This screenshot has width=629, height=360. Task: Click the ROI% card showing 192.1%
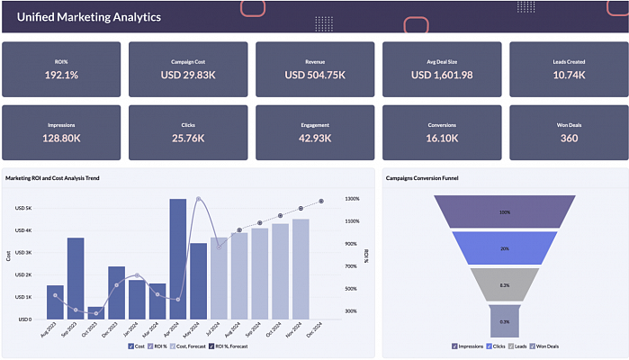coord(61,75)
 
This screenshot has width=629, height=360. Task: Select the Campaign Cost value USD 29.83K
coord(188,75)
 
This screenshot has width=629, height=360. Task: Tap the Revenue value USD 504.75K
coord(314,75)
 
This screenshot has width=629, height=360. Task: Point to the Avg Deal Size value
coord(442,75)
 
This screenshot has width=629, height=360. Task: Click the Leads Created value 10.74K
coord(568,75)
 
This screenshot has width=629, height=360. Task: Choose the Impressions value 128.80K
coord(61,138)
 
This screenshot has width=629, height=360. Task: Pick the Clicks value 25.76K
coord(188,138)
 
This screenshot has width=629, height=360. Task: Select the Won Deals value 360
coord(568,138)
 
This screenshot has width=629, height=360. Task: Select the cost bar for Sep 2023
coord(76,278)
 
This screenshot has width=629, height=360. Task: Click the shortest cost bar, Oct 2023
coord(96,312)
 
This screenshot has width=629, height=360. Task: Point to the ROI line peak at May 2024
coord(198,199)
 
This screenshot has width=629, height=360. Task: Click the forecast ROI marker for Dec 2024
coord(320,201)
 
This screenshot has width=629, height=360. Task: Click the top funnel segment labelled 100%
coord(505,212)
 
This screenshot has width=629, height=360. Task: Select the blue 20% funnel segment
coord(505,248)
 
